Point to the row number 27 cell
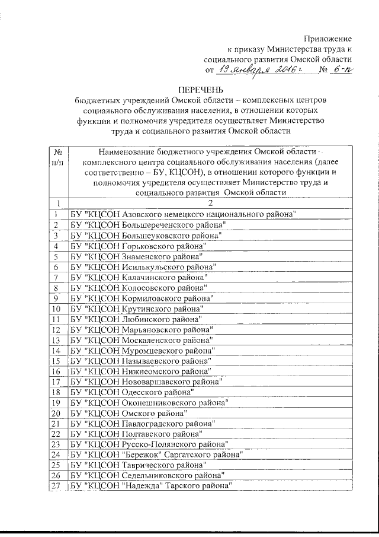click(57, 486)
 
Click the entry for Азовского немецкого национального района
click(183, 214)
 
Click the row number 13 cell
click(57, 340)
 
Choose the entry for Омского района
click(129, 412)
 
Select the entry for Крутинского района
click(137, 309)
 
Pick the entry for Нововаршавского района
click(146, 381)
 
